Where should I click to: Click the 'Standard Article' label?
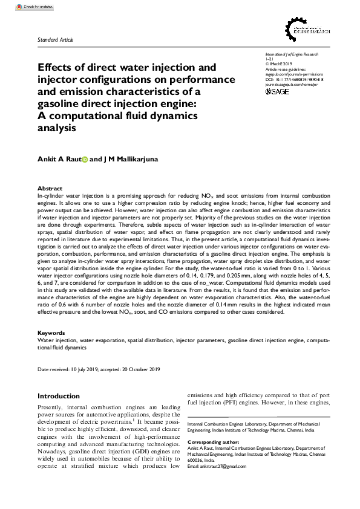56,39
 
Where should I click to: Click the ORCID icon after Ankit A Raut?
84,159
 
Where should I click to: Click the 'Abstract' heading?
50,189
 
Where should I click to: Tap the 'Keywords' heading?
51,333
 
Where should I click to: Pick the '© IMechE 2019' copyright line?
282,64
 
